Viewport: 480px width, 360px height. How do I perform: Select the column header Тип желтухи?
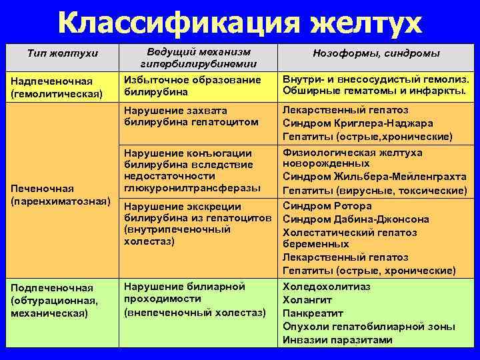coord(61,53)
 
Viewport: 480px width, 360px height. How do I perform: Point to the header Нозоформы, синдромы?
coord(377,53)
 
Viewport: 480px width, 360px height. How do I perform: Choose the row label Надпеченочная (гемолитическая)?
coord(58,87)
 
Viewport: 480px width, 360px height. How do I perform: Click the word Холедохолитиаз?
coord(327,287)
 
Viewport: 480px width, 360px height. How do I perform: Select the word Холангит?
coord(307,300)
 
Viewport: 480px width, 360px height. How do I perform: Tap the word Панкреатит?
coord(313,313)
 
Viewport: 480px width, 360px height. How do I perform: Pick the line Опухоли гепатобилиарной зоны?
coord(369,327)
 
